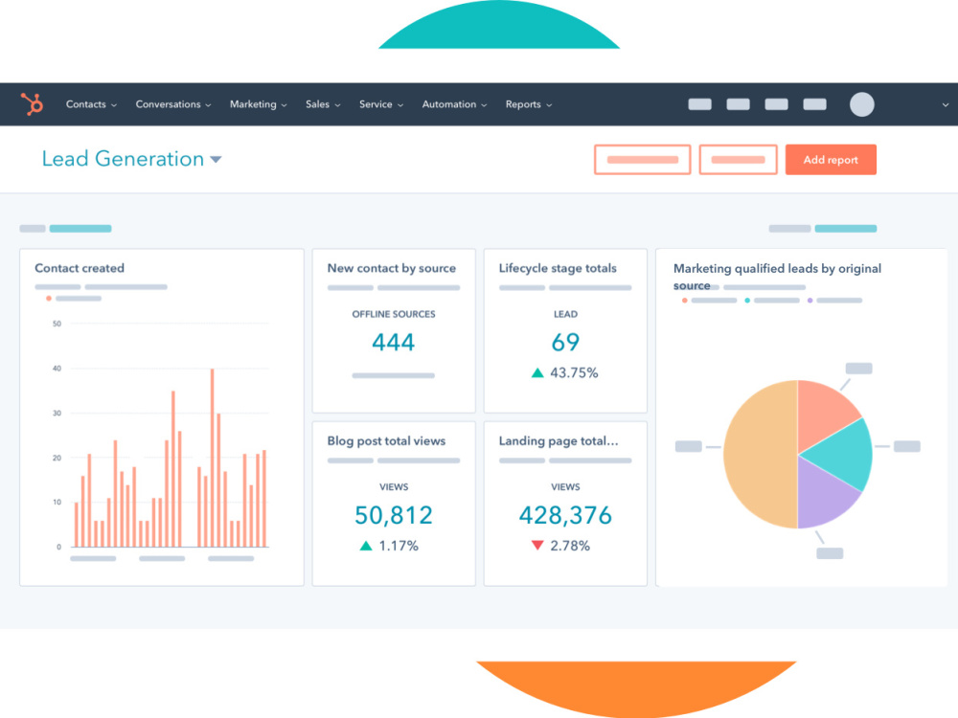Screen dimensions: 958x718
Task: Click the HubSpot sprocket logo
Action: tap(33, 103)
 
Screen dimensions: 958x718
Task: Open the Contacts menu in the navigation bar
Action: tap(91, 104)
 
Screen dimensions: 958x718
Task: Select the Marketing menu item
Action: tap(258, 104)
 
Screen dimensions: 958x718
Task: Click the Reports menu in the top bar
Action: tap(529, 104)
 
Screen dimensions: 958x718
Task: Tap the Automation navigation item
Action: tap(454, 104)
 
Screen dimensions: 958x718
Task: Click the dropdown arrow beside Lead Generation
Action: tap(216, 159)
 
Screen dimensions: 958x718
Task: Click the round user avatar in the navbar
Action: tap(861, 104)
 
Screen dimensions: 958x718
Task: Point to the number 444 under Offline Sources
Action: tap(394, 342)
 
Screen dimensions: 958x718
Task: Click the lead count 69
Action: tap(565, 342)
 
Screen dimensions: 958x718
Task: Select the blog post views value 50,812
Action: tap(394, 515)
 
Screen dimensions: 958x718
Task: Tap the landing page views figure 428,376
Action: tap(565, 515)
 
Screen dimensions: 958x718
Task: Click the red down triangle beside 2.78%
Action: tap(537, 545)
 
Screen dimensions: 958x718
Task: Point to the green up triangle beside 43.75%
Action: tap(537, 372)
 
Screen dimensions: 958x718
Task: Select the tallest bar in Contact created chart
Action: tap(212, 458)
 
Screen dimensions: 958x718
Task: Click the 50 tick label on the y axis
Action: tap(57, 324)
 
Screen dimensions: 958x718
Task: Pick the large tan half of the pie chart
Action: tap(758, 454)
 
